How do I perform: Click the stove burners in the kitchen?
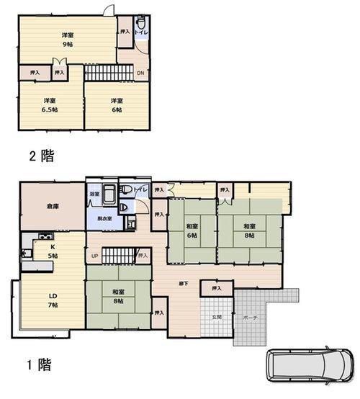[41, 238]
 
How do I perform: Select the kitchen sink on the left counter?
[27, 252]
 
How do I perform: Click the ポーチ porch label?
[251, 317]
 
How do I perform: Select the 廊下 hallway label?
[184, 283]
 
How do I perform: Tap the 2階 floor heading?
[41, 155]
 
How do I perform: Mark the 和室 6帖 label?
[192, 230]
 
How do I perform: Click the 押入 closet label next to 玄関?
[217, 289]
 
